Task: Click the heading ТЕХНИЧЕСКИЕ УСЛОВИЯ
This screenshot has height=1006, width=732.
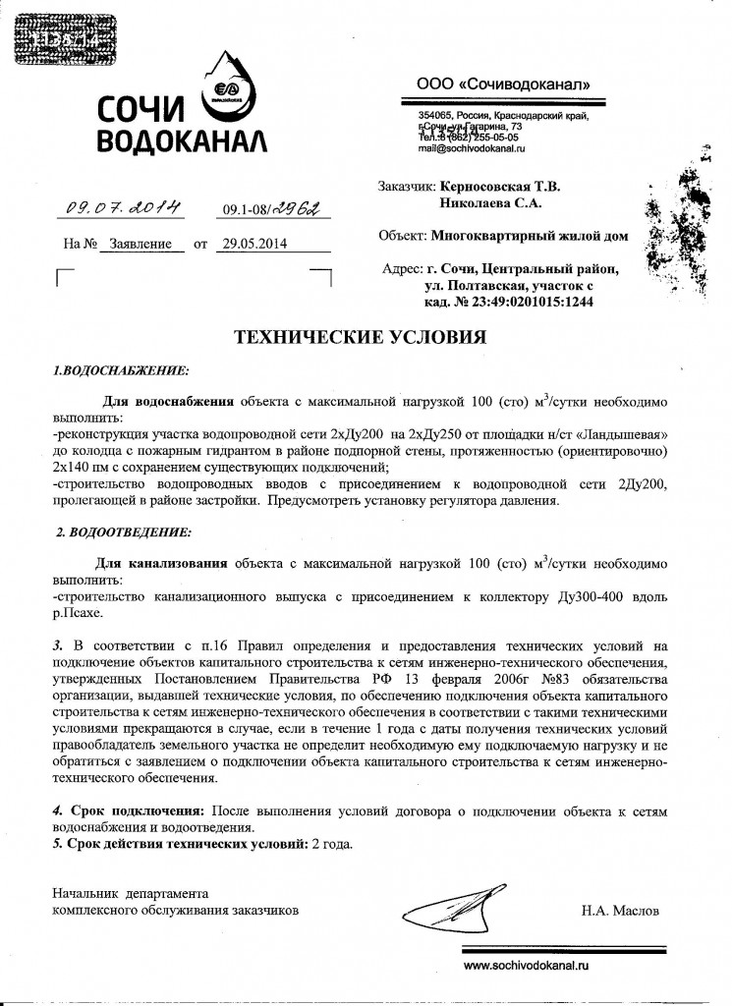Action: tap(360, 338)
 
